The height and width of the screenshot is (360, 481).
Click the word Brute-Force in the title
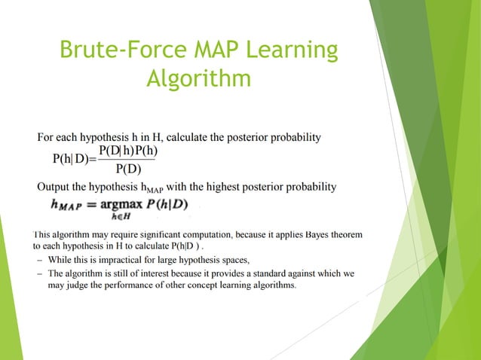pyautogui.click(x=106, y=50)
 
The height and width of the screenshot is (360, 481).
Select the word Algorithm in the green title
pyautogui.click(x=198, y=78)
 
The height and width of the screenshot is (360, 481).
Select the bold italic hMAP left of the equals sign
pyautogui.click(x=70, y=204)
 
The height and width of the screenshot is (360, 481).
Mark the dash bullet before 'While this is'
pyautogui.click(x=39, y=260)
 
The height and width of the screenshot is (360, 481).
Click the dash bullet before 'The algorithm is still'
pyautogui.click(x=39, y=274)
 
